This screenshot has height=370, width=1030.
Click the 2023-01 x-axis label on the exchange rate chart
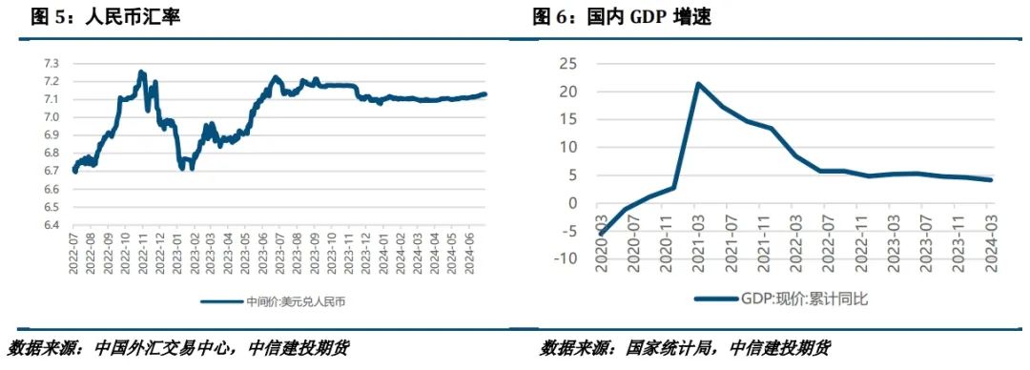click(181, 254)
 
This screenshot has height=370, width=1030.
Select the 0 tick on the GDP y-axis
click(571, 203)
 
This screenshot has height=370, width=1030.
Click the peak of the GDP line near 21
click(698, 84)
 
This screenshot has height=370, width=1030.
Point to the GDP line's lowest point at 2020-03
click(601, 232)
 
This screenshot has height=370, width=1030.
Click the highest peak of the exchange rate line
click(141, 72)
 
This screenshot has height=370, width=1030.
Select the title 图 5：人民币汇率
click(105, 16)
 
